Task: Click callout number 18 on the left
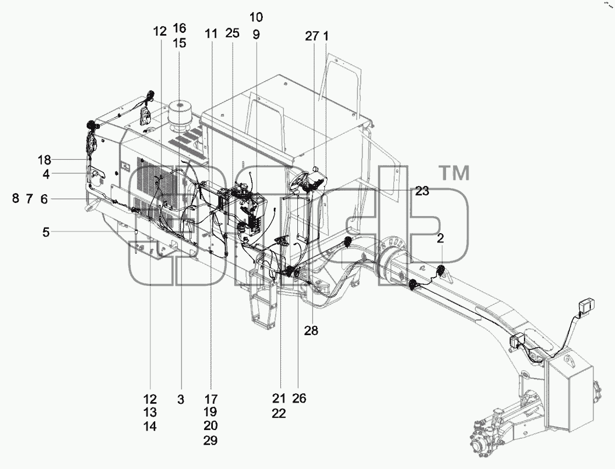(x=45, y=160)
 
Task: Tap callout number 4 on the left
(x=46, y=174)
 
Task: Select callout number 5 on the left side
(x=46, y=232)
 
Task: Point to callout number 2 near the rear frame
(x=441, y=239)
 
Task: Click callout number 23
(x=422, y=191)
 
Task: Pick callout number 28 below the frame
(x=311, y=331)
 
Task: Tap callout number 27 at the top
(x=312, y=36)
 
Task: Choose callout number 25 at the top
(x=232, y=33)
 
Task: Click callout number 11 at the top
(x=211, y=33)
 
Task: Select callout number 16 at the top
(x=179, y=28)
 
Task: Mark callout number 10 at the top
(x=256, y=17)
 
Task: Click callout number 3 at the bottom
(x=180, y=399)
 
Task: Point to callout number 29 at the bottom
(x=210, y=441)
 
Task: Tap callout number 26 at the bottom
(x=299, y=399)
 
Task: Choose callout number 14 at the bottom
(x=150, y=426)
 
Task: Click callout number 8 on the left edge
(x=15, y=199)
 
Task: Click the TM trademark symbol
(x=454, y=173)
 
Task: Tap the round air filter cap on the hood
(x=184, y=112)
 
